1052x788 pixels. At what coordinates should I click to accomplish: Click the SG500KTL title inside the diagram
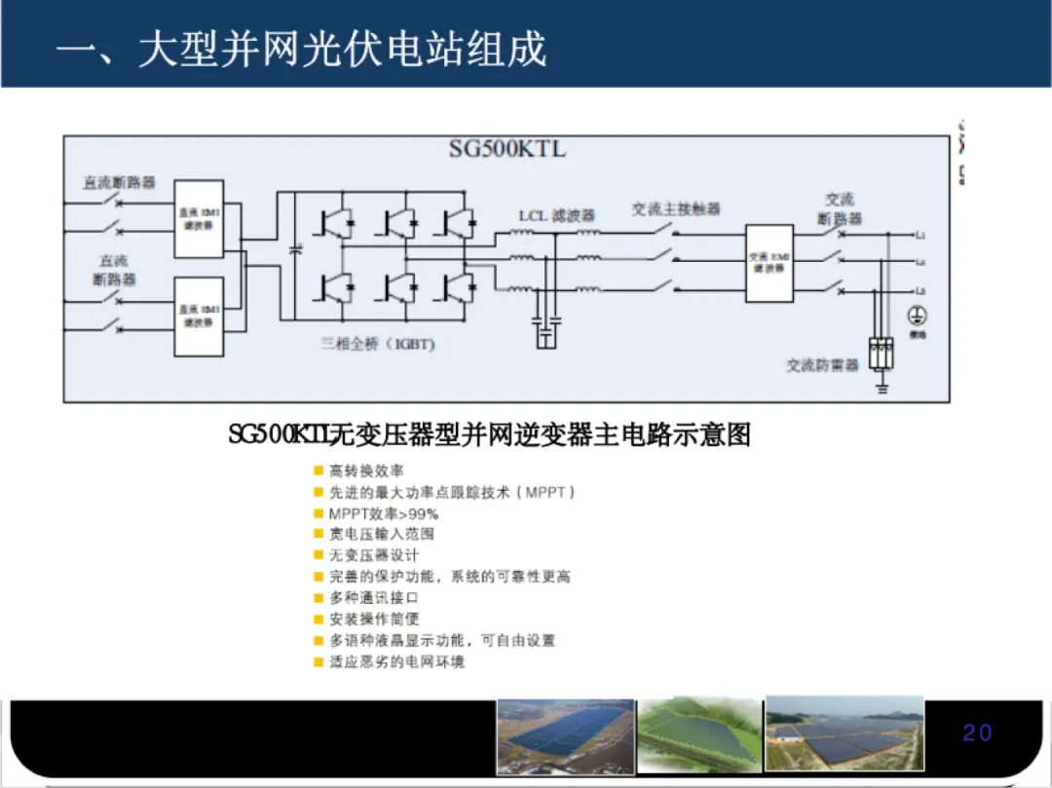point(507,149)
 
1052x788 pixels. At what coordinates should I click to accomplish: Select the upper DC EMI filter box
point(199,219)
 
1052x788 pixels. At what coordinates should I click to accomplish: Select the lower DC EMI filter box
point(199,316)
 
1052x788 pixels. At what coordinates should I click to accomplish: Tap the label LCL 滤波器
point(556,215)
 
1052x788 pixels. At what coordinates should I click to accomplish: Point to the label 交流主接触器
point(675,209)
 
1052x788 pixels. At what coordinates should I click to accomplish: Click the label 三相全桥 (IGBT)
point(378,344)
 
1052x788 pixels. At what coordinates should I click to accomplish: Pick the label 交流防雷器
point(823,365)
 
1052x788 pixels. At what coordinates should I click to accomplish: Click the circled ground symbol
point(916,315)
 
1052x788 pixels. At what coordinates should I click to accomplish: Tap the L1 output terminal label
point(920,236)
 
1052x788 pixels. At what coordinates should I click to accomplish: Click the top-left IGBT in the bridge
point(335,224)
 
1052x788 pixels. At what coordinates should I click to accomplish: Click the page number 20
point(977,733)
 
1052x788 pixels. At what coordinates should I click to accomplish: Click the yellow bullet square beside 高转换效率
point(318,470)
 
